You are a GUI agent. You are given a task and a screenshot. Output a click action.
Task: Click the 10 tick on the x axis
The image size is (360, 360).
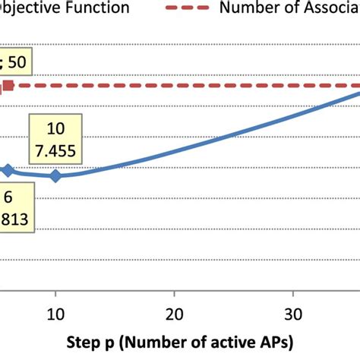55,311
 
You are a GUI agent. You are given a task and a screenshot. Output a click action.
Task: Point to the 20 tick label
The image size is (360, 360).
175,311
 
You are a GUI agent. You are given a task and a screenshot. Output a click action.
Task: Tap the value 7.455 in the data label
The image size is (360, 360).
56,151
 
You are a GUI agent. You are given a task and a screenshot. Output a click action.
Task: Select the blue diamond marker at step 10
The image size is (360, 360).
55,176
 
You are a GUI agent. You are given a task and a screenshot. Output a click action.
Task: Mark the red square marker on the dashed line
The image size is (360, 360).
8,86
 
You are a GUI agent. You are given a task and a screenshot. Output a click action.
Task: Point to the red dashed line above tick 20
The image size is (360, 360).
175,86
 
